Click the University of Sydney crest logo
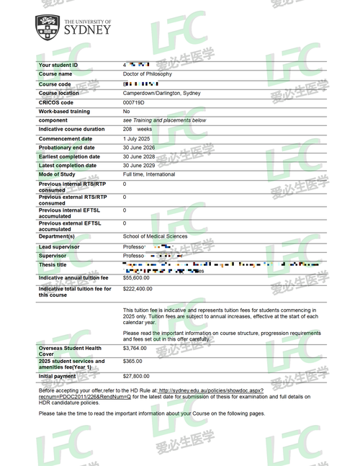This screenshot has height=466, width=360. tap(48, 27)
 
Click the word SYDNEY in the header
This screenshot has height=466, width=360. tap(88, 31)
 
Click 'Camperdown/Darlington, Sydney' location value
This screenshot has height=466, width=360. tap(162, 93)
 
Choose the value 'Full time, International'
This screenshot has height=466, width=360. tap(153, 174)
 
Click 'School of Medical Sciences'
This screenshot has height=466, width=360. tap(155, 236)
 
